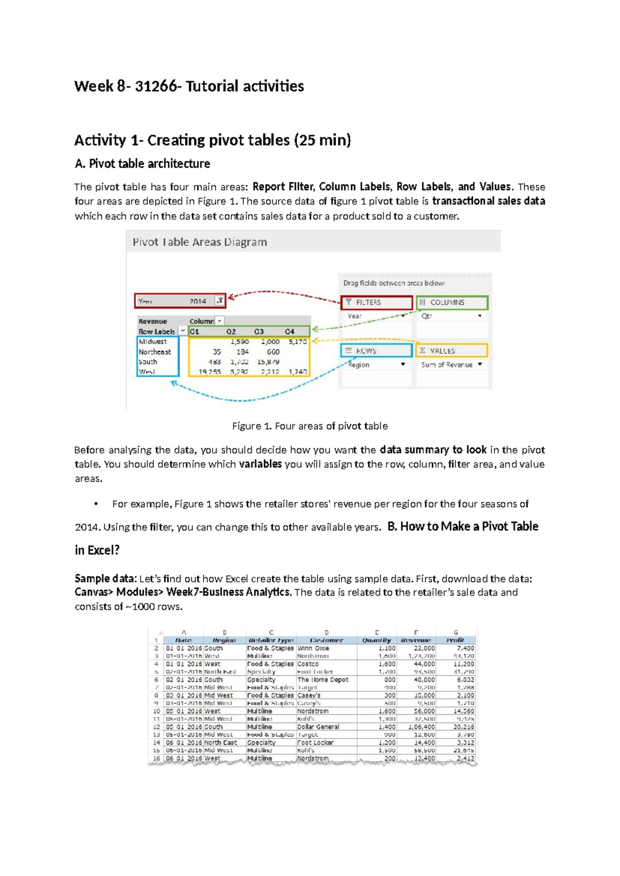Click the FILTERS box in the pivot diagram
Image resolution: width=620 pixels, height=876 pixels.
[x=377, y=302]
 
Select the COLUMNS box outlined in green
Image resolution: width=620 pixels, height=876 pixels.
[x=452, y=302]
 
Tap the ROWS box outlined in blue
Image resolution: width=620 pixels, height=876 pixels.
[x=376, y=351]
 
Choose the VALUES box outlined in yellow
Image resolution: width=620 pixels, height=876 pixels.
[x=452, y=351]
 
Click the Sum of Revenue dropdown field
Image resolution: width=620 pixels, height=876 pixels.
[x=452, y=365]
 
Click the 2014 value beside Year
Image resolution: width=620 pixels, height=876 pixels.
[x=197, y=301]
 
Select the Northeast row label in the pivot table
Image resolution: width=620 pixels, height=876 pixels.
[x=154, y=352]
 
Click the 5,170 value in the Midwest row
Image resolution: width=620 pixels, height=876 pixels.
[x=298, y=342]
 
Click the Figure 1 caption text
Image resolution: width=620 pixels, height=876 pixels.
[x=309, y=426]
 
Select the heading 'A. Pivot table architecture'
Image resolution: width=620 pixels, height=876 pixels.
[x=142, y=164]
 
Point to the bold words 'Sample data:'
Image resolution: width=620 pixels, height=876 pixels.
[x=105, y=578]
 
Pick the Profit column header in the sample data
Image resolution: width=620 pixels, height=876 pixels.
[x=455, y=640]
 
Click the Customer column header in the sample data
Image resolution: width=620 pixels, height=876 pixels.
[x=326, y=640]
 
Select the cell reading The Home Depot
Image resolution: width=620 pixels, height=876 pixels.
[x=322, y=680]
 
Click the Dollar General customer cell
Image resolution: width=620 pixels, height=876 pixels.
[x=318, y=727]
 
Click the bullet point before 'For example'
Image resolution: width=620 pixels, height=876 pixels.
[x=96, y=504]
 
